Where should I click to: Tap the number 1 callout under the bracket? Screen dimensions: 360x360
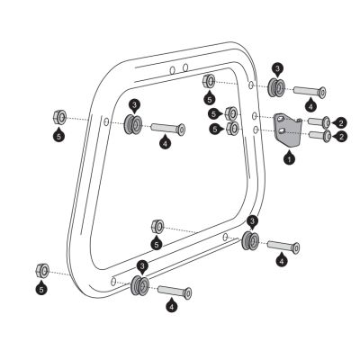tap(289, 158)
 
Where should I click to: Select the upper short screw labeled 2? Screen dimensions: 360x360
tap(319, 121)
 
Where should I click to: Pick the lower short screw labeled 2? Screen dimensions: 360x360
tap(319, 137)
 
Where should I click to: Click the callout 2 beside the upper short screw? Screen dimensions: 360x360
tap(339, 121)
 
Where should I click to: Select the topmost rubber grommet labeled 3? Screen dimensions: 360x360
tap(275, 88)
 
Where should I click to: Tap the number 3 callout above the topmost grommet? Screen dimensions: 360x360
tap(278, 68)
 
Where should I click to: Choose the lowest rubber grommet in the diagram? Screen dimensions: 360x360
tap(140, 285)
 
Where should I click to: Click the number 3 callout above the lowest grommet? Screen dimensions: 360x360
tap(142, 266)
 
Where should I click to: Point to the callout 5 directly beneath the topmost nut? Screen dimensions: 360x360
tap(209, 99)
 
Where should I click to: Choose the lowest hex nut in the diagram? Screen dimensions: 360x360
tap(41, 271)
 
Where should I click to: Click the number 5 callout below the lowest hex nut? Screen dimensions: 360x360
tap(41, 290)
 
